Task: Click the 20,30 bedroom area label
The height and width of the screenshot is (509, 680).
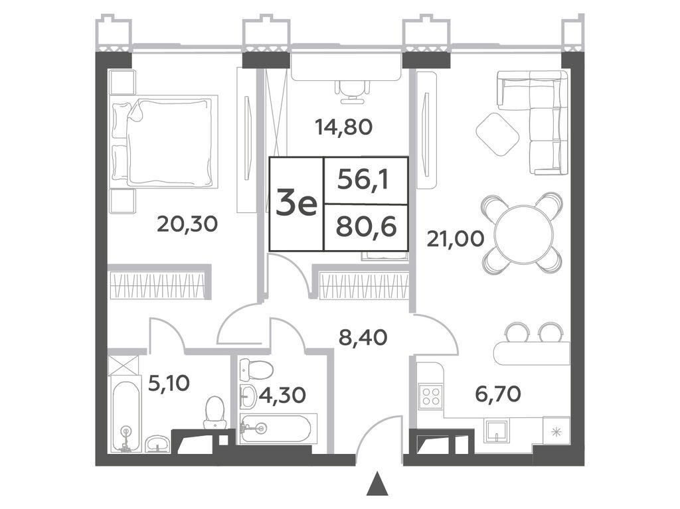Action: tap(187, 224)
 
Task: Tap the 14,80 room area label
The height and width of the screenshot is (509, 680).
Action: tap(344, 127)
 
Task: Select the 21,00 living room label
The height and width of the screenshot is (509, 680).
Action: tap(456, 239)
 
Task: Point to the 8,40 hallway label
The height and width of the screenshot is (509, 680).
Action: tap(363, 337)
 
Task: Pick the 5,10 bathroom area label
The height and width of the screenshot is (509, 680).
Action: tap(169, 384)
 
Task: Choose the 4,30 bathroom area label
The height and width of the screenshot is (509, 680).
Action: tap(283, 395)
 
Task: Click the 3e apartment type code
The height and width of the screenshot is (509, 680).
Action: tap(297, 204)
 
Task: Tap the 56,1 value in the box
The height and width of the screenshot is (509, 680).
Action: tap(363, 180)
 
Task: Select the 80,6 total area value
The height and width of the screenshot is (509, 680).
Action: tap(366, 227)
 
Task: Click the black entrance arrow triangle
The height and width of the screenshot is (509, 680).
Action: tap(377, 484)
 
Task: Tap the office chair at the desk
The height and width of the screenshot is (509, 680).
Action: tap(351, 92)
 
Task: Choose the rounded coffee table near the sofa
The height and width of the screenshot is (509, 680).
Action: tap(497, 134)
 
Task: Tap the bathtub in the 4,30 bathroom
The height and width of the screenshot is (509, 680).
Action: tap(276, 428)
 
